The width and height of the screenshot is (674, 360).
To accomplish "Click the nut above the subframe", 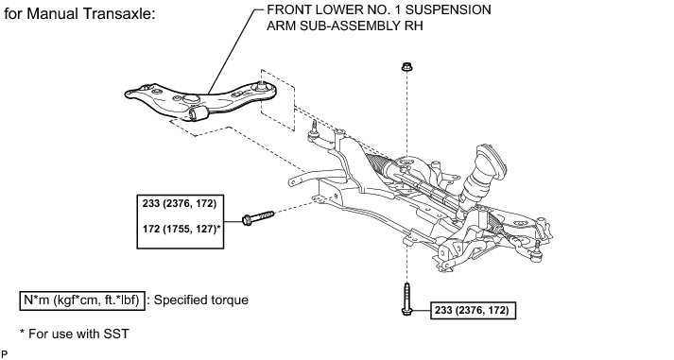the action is pyautogui.click(x=406, y=66).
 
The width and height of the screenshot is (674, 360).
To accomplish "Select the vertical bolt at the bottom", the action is pyautogui.click(x=407, y=299).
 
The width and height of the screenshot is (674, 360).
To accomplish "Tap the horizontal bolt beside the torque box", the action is pyautogui.click(x=258, y=217).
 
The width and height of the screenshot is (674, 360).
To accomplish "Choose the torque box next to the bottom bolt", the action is pyautogui.click(x=473, y=310).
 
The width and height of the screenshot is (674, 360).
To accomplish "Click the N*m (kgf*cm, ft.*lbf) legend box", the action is pyautogui.click(x=81, y=300).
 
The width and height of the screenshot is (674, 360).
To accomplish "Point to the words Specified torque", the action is pyautogui.click(x=200, y=300).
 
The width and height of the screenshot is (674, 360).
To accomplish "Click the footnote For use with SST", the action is pyautogui.click(x=74, y=334).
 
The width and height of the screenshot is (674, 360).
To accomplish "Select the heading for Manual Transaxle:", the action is pyautogui.click(x=80, y=14).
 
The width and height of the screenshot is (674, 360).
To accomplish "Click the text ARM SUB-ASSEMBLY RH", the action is pyautogui.click(x=345, y=26).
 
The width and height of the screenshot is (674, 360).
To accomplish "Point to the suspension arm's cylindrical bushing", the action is pyautogui.click(x=199, y=113).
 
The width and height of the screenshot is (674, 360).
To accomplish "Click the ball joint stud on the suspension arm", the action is pyautogui.click(x=262, y=85).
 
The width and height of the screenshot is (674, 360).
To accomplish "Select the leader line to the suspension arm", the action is pyautogui.click(x=233, y=51).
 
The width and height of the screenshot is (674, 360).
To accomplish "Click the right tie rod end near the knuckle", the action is pyautogui.click(x=536, y=251).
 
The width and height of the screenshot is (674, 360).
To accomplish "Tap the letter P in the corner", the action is pyautogui.click(x=5, y=354).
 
